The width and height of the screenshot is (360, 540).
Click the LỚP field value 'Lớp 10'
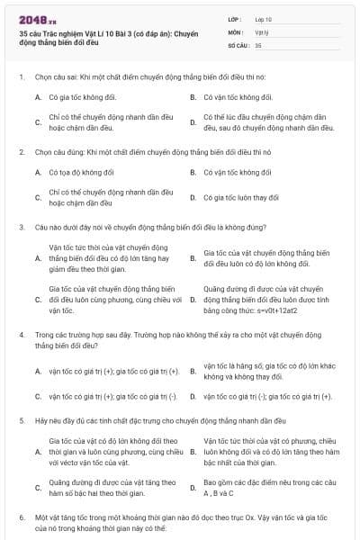[x=264, y=18]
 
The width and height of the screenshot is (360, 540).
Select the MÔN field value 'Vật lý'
[x=262, y=31]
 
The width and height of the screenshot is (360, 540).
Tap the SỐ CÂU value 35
[x=258, y=43]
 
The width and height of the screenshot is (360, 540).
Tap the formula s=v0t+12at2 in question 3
[x=251, y=310]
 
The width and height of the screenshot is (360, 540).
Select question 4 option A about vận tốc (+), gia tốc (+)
[x=113, y=371]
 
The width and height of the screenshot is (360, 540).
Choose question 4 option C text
[x=113, y=396]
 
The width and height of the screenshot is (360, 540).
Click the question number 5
[x=21, y=420]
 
